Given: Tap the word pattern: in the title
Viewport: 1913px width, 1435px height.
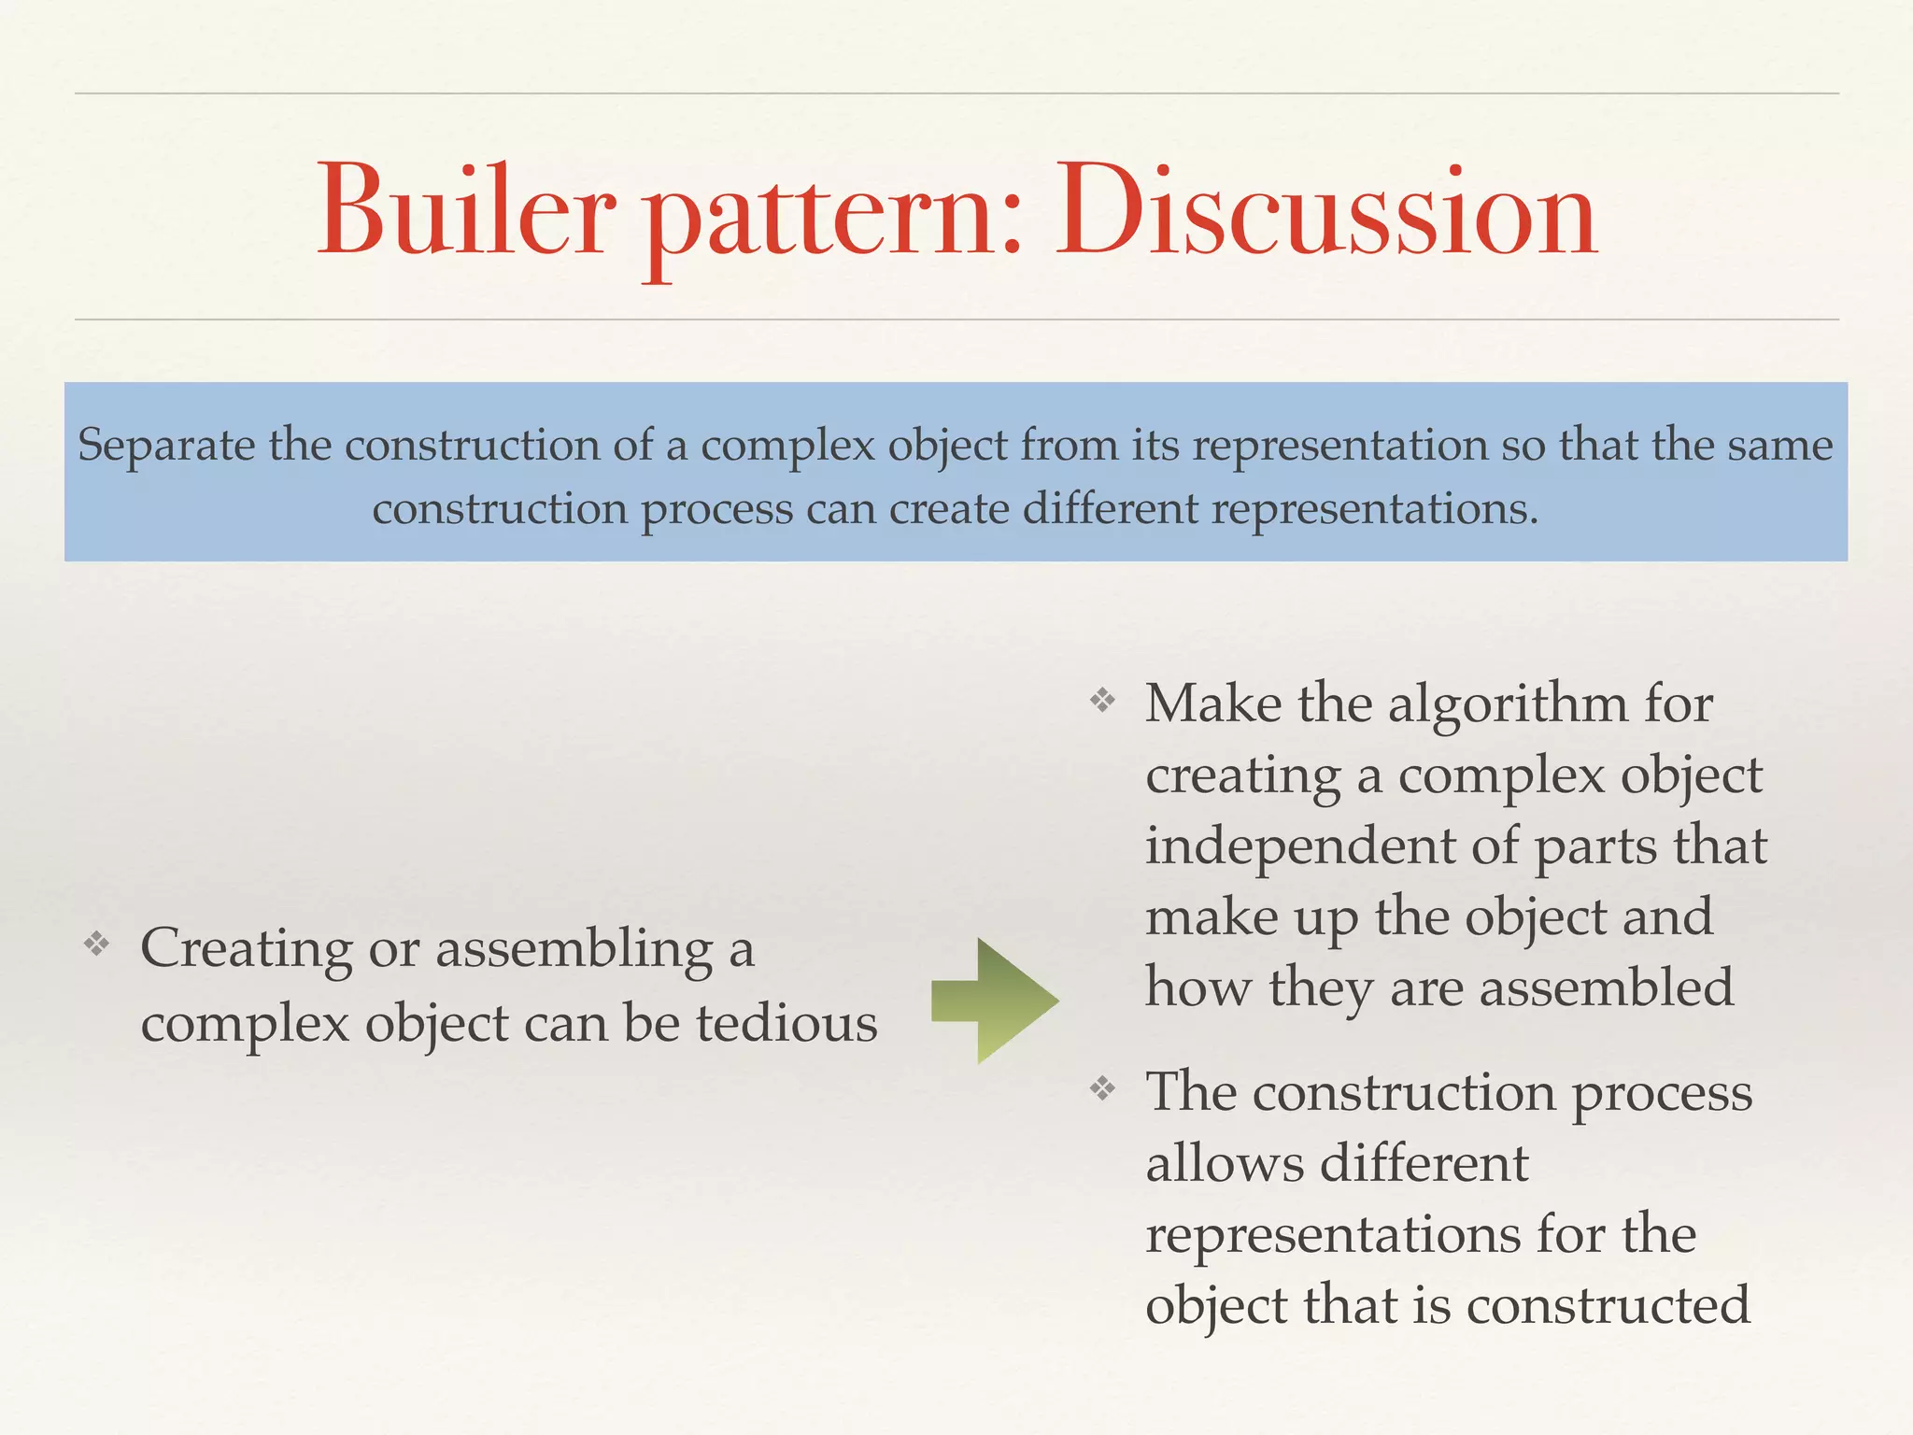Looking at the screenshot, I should click(x=834, y=220).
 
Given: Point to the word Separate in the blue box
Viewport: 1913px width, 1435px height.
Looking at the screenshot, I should click(x=166, y=445).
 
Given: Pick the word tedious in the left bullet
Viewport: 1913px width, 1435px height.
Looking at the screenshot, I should click(x=786, y=1024).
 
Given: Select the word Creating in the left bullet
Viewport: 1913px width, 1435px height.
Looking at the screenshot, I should click(x=247, y=950).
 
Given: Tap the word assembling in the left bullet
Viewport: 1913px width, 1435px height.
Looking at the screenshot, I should click(x=574, y=950).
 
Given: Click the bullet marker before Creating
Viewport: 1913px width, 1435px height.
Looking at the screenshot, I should click(x=96, y=945).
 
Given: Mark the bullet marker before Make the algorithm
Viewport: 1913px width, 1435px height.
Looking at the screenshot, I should click(x=1103, y=700).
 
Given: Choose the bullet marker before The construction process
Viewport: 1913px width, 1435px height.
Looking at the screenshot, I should click(x=1103, y=1088).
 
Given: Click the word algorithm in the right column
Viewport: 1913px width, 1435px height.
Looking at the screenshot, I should click(x=1508, y=704).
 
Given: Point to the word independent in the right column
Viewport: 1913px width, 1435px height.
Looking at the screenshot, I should click(x=1301, y=846).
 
